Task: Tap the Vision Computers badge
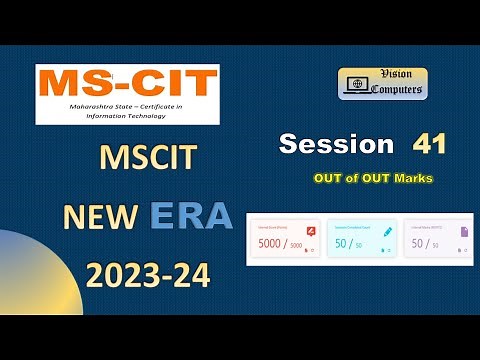pyautogui.click(x=382, y=83)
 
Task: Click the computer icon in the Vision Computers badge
pyautogui.click(x=353, y=85)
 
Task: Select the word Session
pyautogui.click(x=336, y=144)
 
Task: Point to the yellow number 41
pyautogui.click(x=428, y=144)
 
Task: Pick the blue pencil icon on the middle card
pyautogui.click(x=387, y=232)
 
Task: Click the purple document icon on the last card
pyautogui.click(x=464, y=232)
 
